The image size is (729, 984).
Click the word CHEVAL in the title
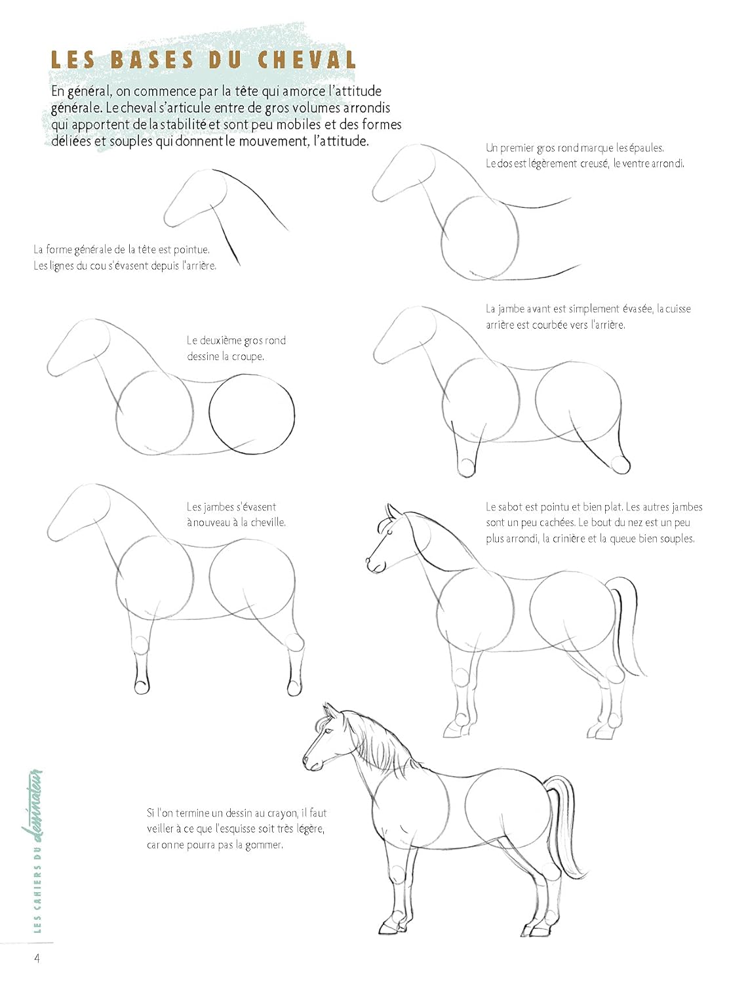pos(307,60)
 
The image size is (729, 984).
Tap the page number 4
pos(37,958)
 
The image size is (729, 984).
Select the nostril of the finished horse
pos(307,761)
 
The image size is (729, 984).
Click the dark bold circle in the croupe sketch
pos(252,414)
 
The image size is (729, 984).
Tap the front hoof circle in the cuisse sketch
pos(467,468)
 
